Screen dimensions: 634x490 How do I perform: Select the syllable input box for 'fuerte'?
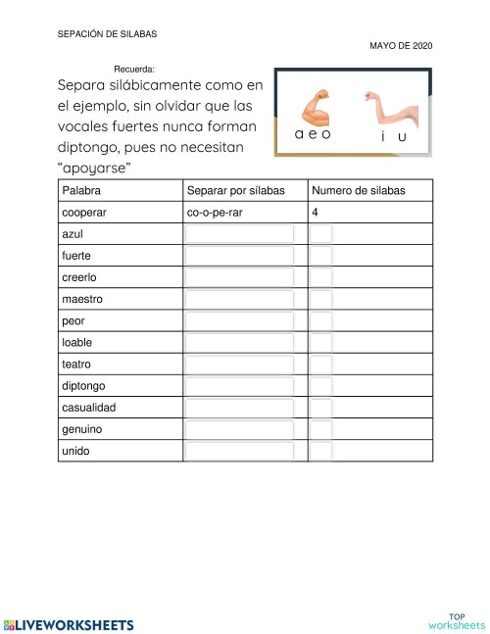[239, 256]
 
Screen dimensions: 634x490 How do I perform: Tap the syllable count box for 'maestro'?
[321, 299]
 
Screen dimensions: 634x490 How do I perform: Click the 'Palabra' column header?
[81, 190]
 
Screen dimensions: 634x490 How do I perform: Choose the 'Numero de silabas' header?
[358, 190]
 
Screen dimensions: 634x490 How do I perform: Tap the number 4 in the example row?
[315, 212]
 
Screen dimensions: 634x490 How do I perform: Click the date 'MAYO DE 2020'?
[401, 46]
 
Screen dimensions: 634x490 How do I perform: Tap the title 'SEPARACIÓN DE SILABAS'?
[108, 33]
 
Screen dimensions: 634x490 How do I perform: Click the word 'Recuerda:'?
[134, 70]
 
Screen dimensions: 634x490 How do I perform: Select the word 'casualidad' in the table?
[88, 407]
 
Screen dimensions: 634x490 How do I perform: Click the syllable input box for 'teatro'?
[239, 364]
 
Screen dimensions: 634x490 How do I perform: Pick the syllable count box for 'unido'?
[321, 451]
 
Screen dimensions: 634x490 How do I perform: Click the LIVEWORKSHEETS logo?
[69, 623]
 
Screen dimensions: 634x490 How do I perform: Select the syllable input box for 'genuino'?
[239, 429]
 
